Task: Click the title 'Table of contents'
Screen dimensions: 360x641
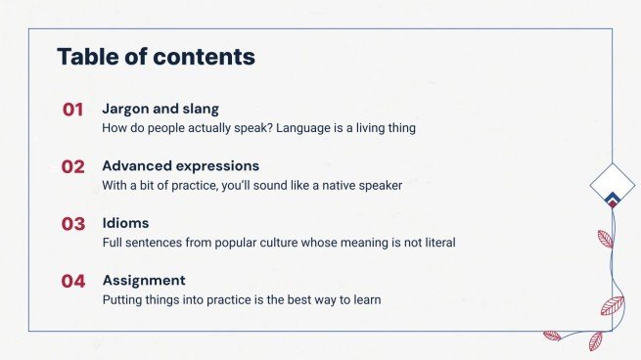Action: [156, 57]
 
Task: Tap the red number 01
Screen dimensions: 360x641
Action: [73, 110]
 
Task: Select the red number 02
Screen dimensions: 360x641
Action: [73, 166]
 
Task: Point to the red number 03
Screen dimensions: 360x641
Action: [73, 224]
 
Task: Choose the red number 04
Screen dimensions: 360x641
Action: [73, 281]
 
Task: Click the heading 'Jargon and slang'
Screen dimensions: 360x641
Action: [160, 109]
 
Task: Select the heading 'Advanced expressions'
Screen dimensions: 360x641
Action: [180, 165]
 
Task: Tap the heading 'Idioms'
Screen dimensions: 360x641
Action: [125, 223]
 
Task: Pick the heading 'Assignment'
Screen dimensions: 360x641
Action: [144, 280]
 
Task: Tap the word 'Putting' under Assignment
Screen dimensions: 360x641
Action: [124, 299]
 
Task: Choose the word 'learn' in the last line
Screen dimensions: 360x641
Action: [363, 299]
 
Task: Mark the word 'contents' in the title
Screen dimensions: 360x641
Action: [209, 57]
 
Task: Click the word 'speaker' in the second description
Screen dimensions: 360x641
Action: [378, 185]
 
